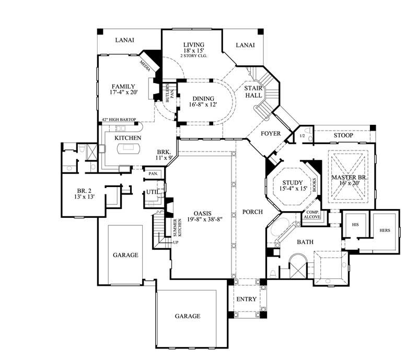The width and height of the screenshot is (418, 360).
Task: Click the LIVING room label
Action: [193, 44]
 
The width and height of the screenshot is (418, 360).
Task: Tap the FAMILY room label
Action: [123, 87]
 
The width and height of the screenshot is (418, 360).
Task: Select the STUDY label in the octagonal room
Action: [291, 182]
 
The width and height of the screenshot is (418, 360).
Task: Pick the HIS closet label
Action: [356, 224]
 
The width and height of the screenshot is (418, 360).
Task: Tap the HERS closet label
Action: [384, 230]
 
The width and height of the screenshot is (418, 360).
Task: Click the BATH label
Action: [305, 242]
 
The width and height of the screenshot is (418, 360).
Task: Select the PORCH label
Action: [252, 212]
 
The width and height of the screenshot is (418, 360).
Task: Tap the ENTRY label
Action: [246, 299]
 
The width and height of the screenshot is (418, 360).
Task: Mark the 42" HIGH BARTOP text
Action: [119, 120]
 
